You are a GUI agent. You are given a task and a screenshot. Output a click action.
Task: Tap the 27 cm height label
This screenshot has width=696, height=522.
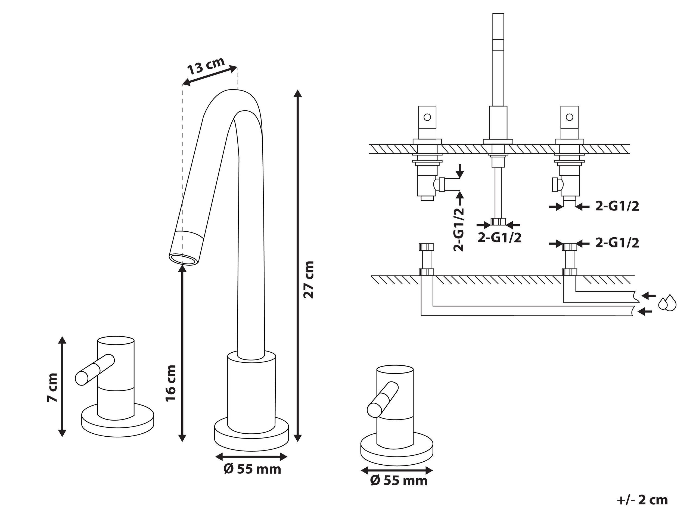[x=308, y=279]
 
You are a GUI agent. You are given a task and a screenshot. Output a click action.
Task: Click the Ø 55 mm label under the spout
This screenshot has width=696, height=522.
[x=252, y=469]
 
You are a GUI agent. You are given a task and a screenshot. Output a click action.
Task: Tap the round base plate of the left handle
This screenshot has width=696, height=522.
[x=118, y=424]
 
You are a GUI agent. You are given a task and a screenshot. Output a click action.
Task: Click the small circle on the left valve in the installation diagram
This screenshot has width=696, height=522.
[x=427, y=117]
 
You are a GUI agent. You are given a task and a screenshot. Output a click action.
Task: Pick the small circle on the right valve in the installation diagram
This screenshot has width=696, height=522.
[x=569, y=117]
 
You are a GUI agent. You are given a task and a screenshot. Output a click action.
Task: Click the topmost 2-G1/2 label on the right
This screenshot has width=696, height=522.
[x=617, y=206]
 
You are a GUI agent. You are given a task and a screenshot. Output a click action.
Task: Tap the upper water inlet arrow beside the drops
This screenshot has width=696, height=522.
[x=648, y=296]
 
